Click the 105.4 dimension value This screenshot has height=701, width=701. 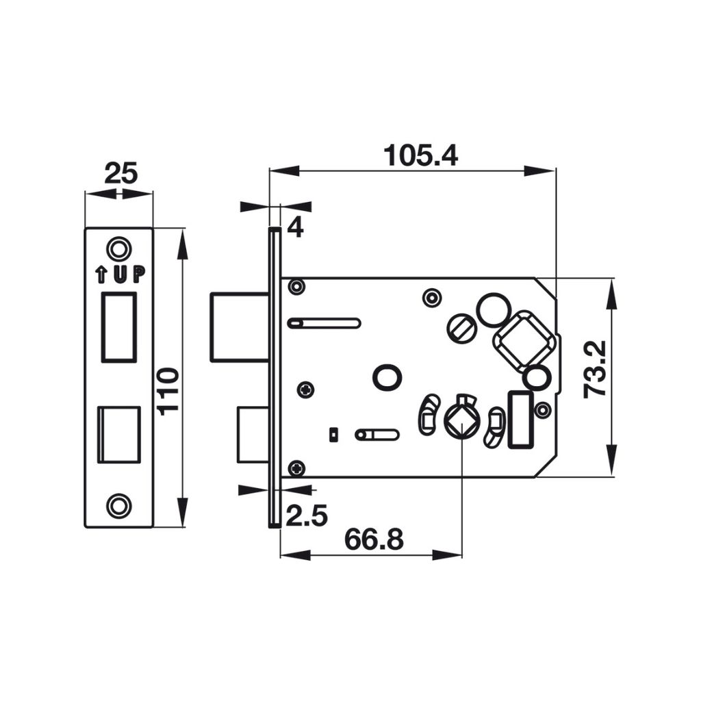click(x=420, y=155)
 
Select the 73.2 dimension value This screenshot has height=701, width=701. click(x=594, y=370)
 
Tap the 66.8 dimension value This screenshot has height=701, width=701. click(x=373, y=539)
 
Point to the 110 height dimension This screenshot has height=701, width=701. click(x=168, y=390)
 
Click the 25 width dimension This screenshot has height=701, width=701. click(x=120, y=173)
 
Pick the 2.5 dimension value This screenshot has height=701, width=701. click(x=306, y=515)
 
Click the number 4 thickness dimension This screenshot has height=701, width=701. click(x=295, y=227)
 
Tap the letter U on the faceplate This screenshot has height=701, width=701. click(x=120, y=275)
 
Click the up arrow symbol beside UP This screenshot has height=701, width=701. click(x=101, y=275)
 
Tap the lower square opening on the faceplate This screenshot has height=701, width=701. click(x=118, y=435)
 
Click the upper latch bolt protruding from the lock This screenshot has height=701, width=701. click(x=238, y=327)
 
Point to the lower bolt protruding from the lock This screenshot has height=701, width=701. click(x=251, y=435)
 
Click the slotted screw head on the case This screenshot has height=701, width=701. click(x=461, y=329)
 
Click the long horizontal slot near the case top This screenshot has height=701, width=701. click(x=324, y=323)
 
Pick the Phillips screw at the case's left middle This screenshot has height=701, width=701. click(x=305, y=390)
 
